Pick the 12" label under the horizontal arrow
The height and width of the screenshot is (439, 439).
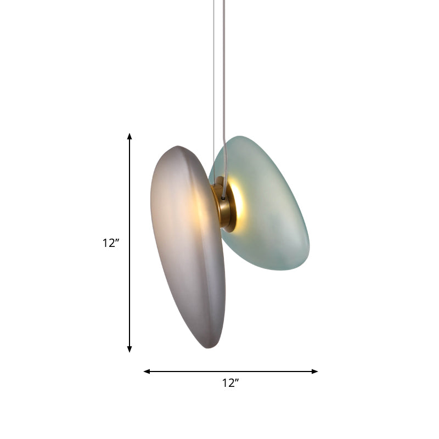(230, 384)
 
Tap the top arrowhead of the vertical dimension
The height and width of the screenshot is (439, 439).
(130, 136)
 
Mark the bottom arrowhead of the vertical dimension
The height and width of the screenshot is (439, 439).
(130, 349)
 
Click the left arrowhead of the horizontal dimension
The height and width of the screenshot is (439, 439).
(147, 372)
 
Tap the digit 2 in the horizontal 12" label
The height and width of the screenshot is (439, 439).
(232, 384)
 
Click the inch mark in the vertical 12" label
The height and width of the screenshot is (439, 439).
(117, 240)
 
